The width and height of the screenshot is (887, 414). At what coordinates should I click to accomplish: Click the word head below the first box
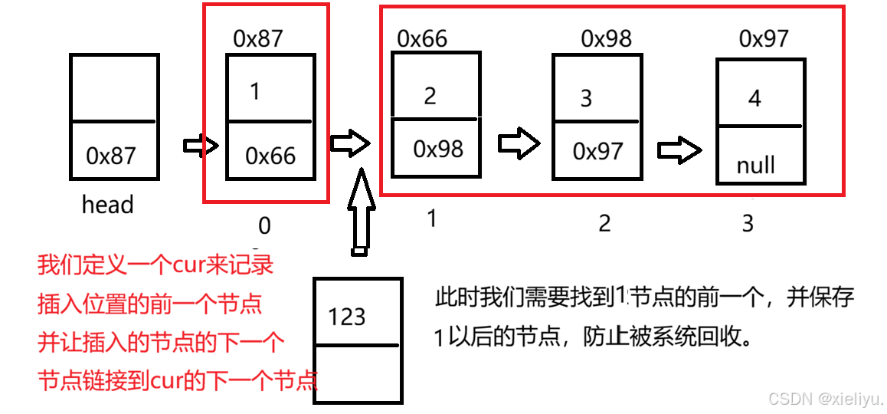(107, 205)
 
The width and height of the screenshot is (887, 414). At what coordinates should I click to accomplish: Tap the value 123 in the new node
(346, 317)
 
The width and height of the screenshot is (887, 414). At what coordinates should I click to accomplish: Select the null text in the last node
(755, 165)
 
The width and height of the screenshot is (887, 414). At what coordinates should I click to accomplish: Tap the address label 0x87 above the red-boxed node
(258, 39)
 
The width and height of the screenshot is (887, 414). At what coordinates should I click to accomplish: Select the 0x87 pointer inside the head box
(111, 156)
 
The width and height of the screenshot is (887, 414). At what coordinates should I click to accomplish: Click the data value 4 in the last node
(754, 99)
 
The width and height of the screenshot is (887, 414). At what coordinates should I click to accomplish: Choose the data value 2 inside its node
(430, 96)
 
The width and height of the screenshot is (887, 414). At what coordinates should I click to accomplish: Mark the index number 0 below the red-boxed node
(264, 225)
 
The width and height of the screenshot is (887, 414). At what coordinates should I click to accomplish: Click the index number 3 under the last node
(748, 223)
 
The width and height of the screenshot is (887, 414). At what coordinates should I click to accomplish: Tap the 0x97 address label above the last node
(764, 38)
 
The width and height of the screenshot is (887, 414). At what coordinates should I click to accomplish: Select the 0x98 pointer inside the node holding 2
(438, 149)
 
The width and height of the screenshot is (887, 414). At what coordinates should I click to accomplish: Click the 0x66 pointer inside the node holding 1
(270, 156)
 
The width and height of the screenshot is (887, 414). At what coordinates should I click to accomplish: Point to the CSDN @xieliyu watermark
(826, 399)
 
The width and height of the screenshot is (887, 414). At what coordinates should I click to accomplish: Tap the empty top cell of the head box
(114, 87)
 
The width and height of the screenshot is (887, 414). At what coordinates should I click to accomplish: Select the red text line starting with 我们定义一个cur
(155, 265)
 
